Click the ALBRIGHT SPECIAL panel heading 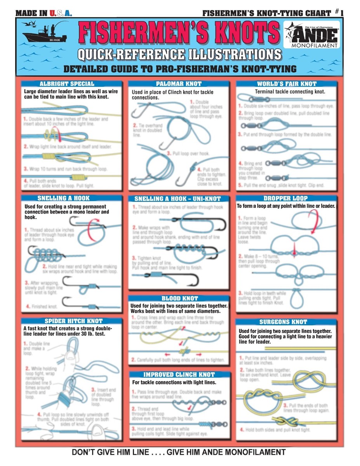67,83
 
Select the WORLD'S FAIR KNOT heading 287,83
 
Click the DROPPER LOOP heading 285,198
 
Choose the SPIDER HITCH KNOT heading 73,321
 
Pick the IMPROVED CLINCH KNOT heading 179,375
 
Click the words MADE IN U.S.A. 43,13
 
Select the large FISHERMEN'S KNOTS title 179,33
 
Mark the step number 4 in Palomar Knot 199,169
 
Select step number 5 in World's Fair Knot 240,185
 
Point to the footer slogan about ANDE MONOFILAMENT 179,452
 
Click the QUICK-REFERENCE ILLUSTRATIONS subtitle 179,54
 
